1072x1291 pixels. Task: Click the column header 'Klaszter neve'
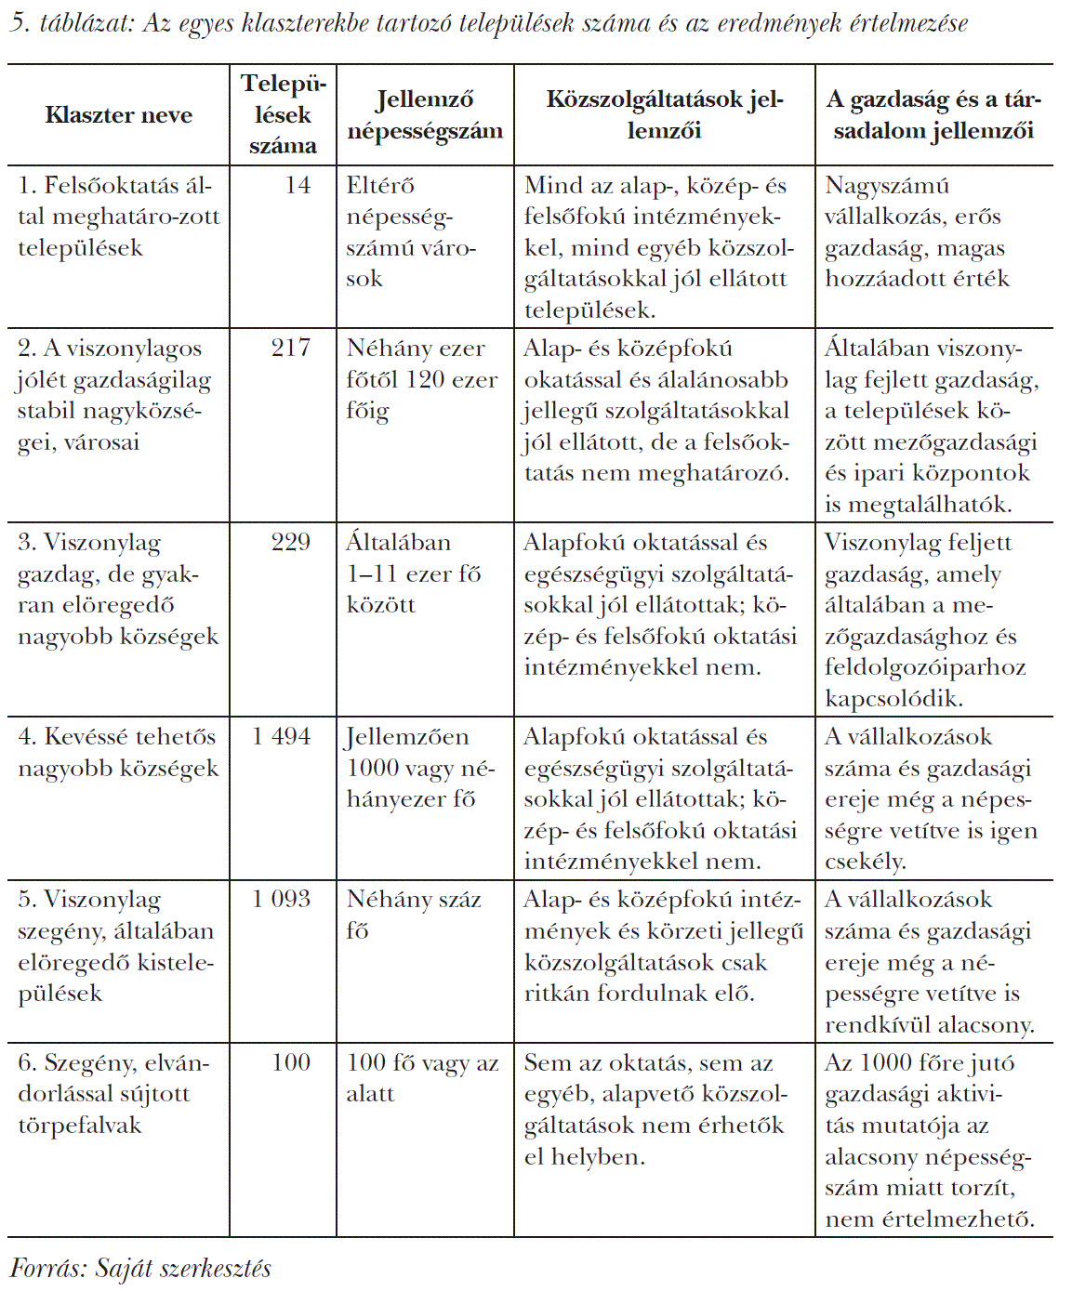(x=118, y=115)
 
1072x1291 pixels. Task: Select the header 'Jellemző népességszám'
(x=425, y=115)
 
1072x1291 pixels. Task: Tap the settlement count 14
(x=298, y=186)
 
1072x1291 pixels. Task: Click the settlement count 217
(x=290, y=349)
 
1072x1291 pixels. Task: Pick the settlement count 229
(x=290, y=543)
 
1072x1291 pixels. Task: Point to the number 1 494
(x=282, y=737)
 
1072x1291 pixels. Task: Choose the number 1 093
(x=282, y=900)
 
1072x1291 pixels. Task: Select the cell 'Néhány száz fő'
(x=414, y=915)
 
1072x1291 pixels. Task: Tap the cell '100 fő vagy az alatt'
(x=422, y=1078)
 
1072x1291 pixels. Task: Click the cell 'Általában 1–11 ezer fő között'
(x=414, y=573)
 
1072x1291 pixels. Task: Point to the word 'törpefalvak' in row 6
(x=80, y=1126)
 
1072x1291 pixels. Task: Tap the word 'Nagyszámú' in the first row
(x=887, y=186)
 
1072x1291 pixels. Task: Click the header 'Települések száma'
(x=284, y=115)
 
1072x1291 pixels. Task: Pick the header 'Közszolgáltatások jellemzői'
(x=664, y=115)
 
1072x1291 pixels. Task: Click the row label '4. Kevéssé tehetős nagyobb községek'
(x=118, y=753)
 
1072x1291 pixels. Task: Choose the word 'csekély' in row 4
(x=864, y=862)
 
